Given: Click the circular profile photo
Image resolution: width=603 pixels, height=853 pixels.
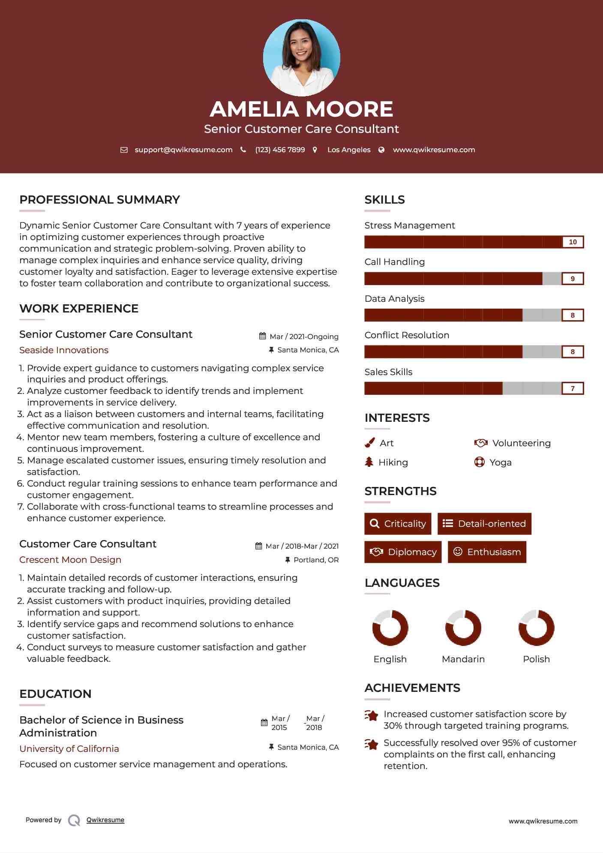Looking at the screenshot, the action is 301,57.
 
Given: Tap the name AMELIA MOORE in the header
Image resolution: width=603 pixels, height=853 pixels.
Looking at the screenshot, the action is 301,109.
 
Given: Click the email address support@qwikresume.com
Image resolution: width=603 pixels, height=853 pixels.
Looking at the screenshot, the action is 183,150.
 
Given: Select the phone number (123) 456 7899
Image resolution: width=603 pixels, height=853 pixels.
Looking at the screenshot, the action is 280,150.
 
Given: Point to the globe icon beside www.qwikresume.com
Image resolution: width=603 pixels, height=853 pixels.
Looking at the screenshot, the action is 381,150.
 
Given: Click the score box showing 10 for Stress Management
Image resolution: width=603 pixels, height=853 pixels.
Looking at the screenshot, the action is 573,242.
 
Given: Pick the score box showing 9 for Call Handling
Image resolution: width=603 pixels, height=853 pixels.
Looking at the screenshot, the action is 573,279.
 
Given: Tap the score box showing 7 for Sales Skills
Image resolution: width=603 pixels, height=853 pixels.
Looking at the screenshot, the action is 573,388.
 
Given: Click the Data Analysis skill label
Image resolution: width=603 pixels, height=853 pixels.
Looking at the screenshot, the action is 394,299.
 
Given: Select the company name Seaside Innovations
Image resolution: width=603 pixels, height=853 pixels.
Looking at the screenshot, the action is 64,350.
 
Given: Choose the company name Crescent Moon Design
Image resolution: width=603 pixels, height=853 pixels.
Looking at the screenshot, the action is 70,560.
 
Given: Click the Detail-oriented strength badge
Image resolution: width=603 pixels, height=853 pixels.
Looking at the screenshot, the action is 484,524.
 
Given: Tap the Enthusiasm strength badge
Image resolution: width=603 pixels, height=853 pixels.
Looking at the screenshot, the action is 487,552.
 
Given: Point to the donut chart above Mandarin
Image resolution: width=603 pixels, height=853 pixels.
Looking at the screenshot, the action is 463,628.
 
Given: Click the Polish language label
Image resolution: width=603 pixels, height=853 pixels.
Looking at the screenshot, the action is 536,659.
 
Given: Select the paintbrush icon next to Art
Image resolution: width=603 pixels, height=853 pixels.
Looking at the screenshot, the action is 369,443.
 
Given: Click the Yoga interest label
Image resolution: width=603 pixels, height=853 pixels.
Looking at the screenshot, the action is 500,463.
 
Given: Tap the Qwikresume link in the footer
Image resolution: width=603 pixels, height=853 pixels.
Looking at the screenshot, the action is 105,820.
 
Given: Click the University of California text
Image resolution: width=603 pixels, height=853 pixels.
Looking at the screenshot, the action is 69,749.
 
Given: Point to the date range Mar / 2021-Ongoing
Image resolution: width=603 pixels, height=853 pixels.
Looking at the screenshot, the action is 304,336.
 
